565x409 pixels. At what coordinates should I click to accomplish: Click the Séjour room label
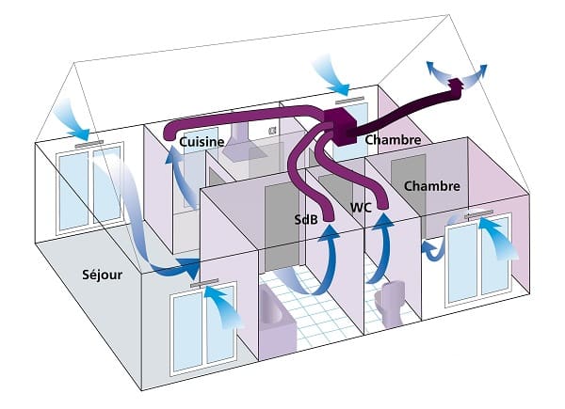(x=103, y=275)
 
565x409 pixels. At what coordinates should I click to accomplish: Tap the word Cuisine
(x=202, y=142)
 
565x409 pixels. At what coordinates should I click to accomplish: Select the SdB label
(x=306, y=219)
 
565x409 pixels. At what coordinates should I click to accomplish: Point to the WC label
(x=361, y=208)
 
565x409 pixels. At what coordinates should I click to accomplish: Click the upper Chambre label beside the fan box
(x=393, y=139)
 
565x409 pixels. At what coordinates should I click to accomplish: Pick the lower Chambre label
(x=432, y=186)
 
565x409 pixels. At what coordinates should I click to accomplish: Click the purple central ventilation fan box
(x=340, y=126)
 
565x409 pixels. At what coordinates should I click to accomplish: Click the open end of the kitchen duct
(x=168, y=134)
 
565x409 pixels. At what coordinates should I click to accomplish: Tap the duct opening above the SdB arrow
(x=328, y=217)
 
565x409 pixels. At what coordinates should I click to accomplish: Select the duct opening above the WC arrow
(x=383, y=205)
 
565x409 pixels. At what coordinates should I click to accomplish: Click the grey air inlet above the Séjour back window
(x=89, y=144)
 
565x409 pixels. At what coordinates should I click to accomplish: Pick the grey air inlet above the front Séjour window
(x=204, y=283)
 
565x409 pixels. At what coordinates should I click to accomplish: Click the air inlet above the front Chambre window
(x=479, y=215)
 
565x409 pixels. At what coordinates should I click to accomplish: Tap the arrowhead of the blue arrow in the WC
(x=383, y=220)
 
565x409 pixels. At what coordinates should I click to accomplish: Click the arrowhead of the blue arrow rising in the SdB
(x=329, y=231)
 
